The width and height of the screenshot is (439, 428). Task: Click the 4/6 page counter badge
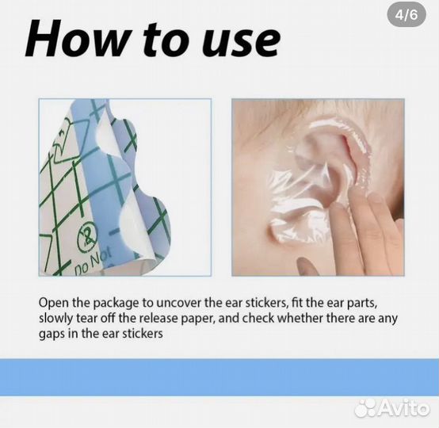click(x=407, y=14)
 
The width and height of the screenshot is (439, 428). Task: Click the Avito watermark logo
click(x=392, y=408)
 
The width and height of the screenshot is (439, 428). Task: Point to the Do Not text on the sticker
click(x=93, y=260)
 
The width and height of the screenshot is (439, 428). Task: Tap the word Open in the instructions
click(x=54, y=304)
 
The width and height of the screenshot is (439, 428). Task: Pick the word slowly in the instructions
click(x=55, y=319)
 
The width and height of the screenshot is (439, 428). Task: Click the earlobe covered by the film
click(x=283, y=227)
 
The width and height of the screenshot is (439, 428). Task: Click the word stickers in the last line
click(x=143, y=334)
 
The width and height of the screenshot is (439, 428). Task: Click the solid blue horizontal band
click(x=219, y=377)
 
